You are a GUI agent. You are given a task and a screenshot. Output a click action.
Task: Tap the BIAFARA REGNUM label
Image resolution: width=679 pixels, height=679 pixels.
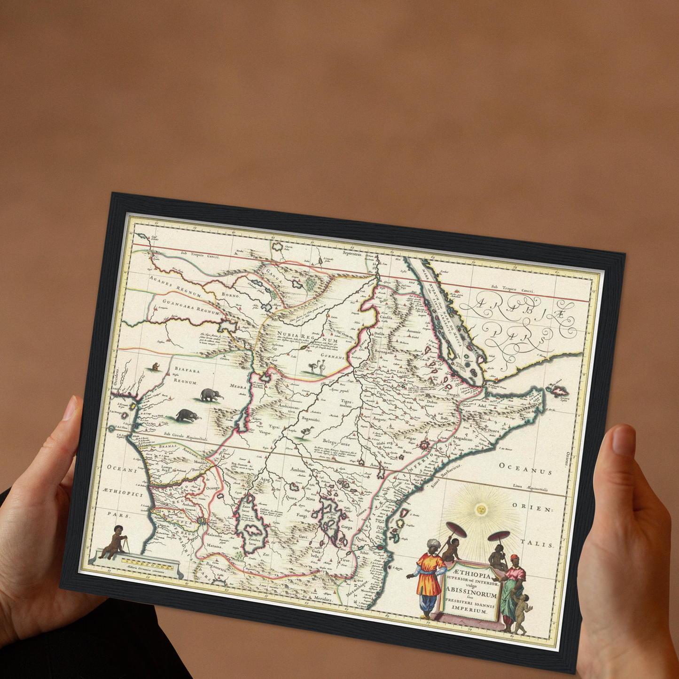pos(187,376)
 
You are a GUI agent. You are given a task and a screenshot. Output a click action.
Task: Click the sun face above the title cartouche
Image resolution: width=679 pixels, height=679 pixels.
pos(480,509)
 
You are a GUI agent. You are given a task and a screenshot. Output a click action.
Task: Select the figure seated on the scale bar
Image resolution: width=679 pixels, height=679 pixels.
pos(114,543)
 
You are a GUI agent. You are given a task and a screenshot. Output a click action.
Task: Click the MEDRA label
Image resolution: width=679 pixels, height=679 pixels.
pos(238,386)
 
